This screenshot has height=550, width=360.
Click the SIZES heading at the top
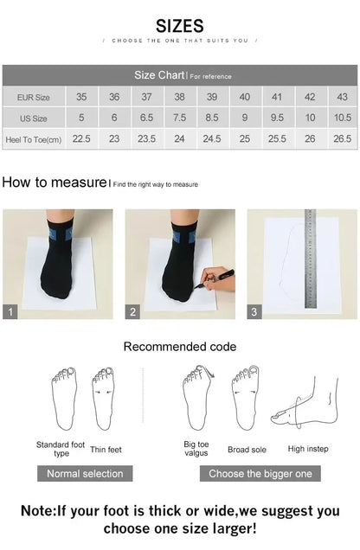point(180,26)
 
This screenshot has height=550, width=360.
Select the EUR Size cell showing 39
point(212,98)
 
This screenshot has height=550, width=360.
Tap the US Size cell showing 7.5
point(179,118)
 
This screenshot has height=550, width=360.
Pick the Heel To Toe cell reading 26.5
point(342,138)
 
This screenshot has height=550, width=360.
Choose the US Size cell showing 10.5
point(342,118)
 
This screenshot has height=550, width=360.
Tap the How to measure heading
point(54,182)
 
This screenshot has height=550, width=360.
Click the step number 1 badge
point(10,312)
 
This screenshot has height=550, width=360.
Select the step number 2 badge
point(133,312)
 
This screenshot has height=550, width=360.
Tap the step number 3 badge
point(254,312)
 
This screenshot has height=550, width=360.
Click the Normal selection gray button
point(85,473)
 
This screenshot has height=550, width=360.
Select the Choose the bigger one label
point(260,473)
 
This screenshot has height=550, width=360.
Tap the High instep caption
point(307,449)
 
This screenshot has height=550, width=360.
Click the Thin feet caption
point(106,449)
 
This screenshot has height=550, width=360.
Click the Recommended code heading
point(179,346)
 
